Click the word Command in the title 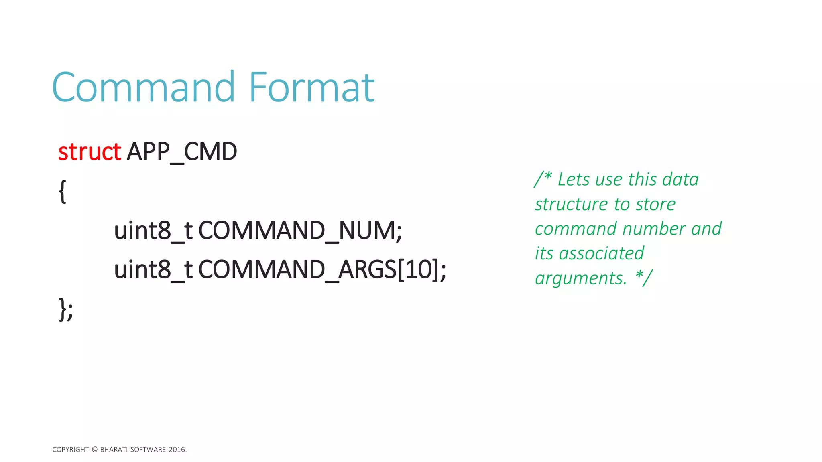pos(143,87)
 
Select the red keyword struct pos(89,152)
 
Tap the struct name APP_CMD pos(182,152)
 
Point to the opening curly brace pos(62,191)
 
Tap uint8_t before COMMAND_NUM pos(153,231)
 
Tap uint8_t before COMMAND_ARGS pos(153,270)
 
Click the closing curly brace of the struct pos(63,309)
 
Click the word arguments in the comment pos(580,278)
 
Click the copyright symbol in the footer pos(95,450)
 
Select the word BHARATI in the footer pos(114,450)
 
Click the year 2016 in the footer pos(177,450)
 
